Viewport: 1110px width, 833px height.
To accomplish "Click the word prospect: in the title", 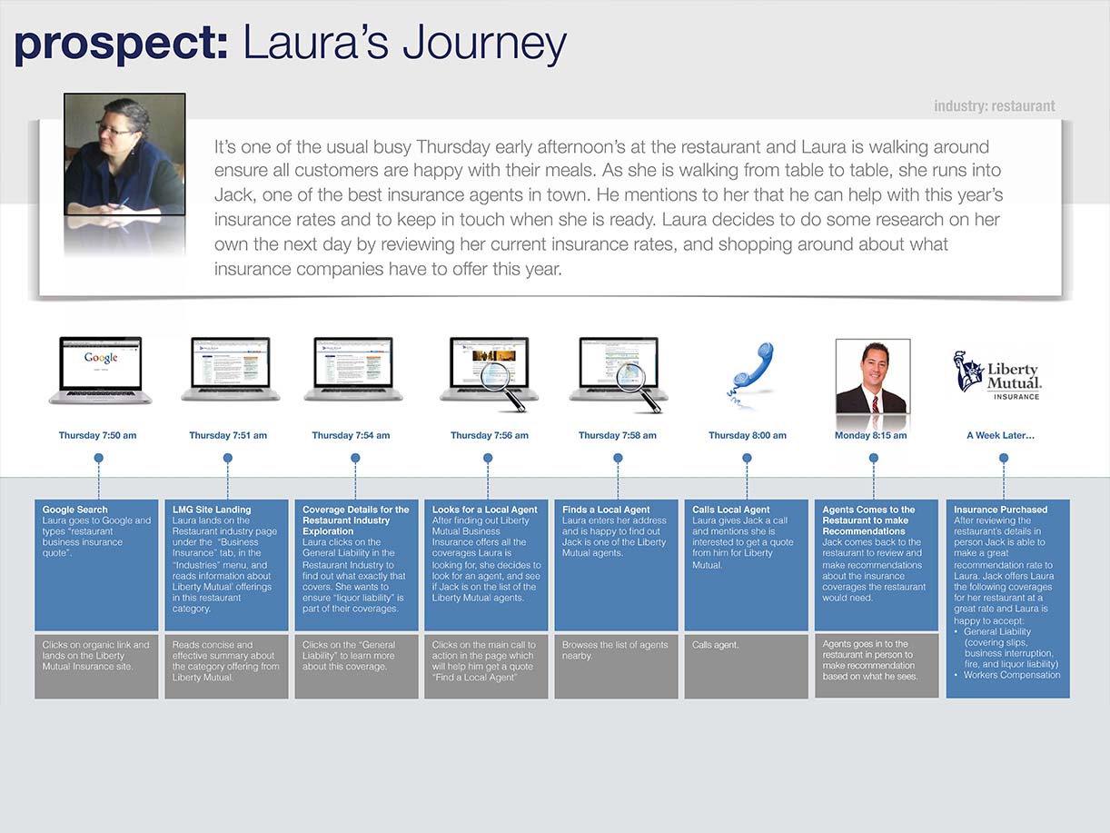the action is tap(122, 44).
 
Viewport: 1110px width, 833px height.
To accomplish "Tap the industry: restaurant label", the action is tap(995, 106).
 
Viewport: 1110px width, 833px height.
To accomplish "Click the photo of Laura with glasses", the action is tap(124, 154).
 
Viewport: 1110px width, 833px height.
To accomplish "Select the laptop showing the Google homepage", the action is tap(100, 371).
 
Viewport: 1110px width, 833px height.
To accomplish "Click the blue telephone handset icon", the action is tap(750, 374).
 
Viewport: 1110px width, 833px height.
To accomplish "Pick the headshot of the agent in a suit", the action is tap(873, 376).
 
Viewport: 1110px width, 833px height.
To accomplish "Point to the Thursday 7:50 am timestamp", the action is tap(97, 435).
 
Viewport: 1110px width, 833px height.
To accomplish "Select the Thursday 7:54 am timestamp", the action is tap(351, 435).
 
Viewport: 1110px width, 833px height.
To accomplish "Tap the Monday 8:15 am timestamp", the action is tap(871, 435).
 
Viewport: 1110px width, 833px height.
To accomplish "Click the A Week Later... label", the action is tap(1001, 435).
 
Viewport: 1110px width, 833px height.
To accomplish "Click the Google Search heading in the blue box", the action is tap(74, 510).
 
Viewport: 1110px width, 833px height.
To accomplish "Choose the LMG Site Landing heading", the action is tap(212, 510).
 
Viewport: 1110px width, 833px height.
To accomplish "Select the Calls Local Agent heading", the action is tap(730, 510).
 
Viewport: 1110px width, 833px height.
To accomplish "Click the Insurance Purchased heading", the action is tap(1001, 510).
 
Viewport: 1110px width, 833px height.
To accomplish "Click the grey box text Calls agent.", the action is tap(715, 645).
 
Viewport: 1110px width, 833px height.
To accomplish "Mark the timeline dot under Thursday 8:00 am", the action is tap(747, 458).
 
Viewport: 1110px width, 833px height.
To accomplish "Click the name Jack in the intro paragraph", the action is tap(233, 195).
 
